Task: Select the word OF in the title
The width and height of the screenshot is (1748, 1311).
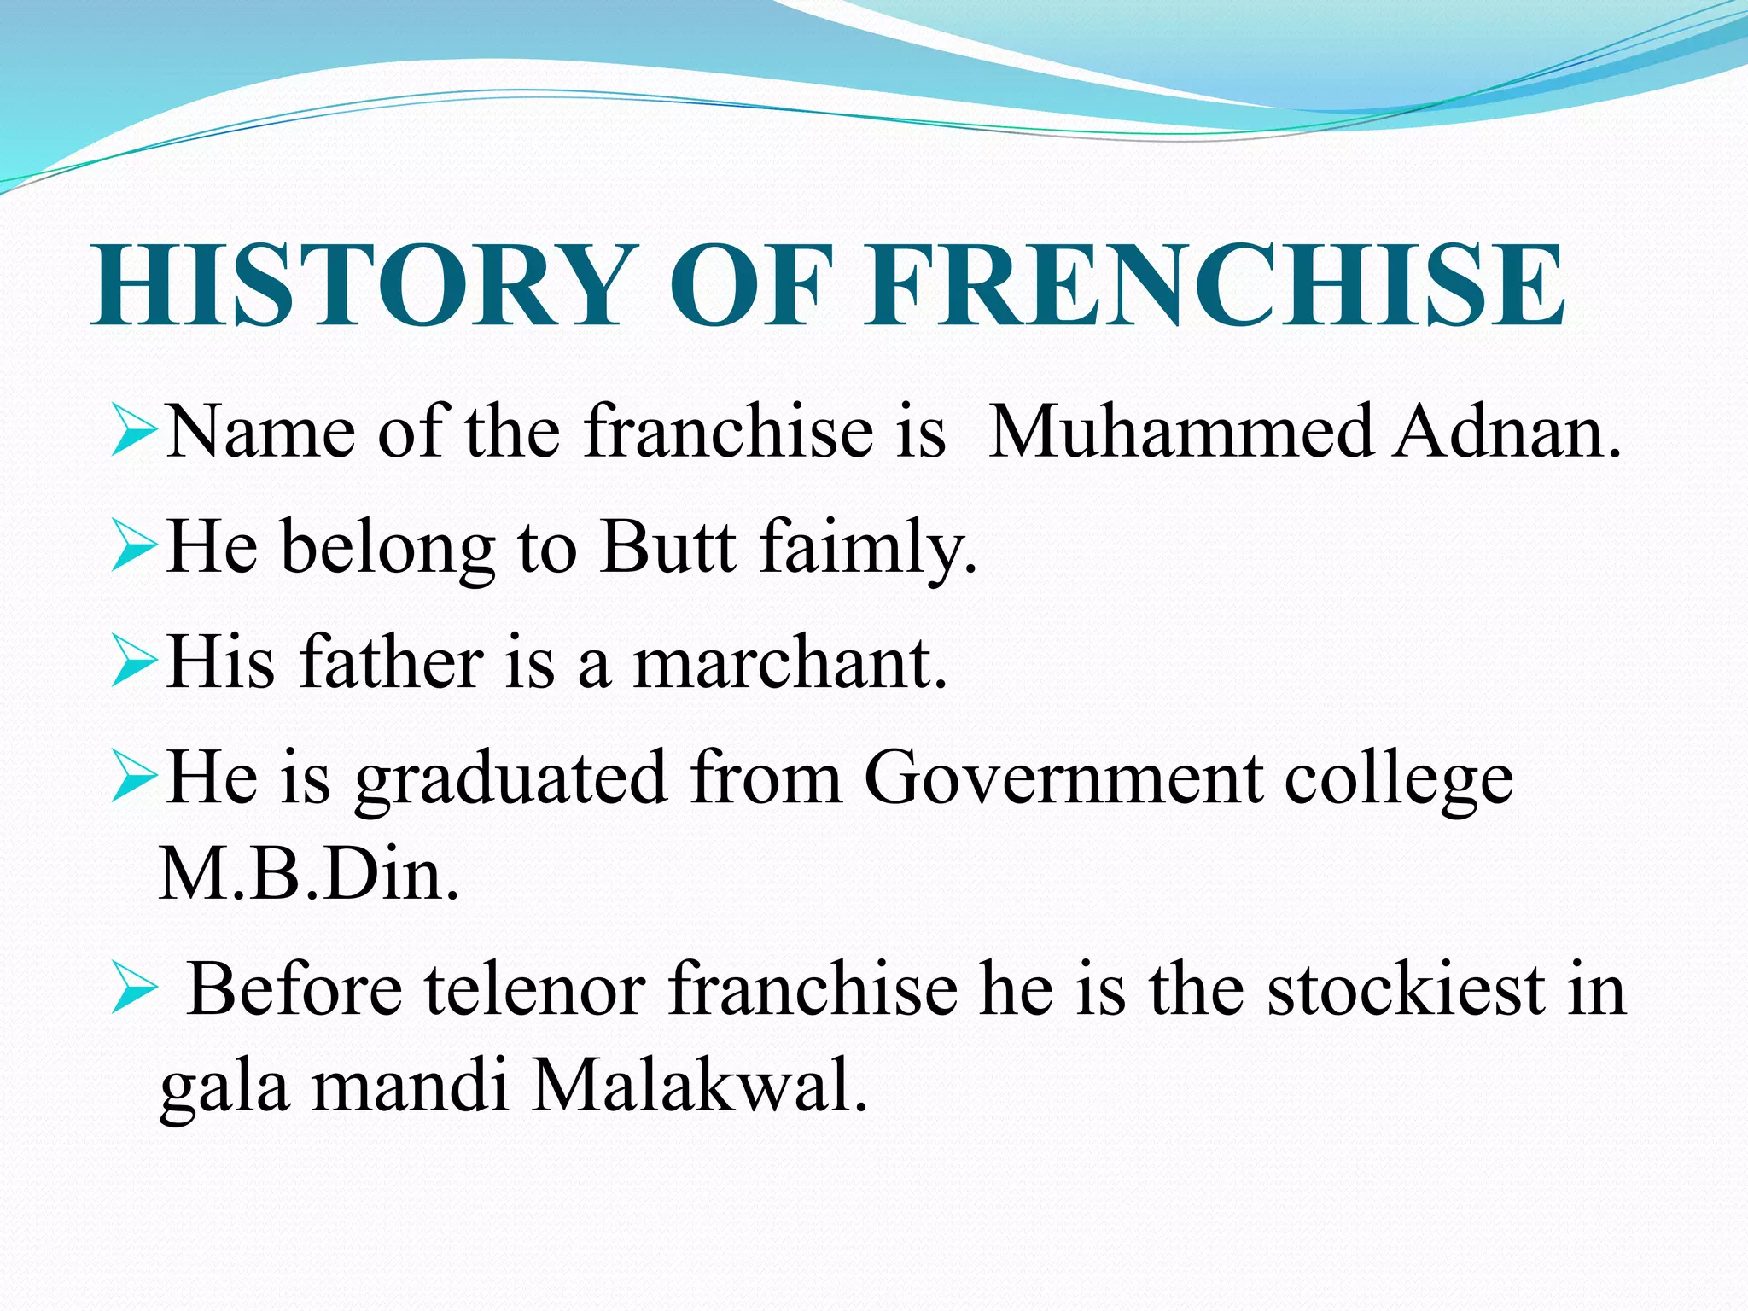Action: tap(750, 284)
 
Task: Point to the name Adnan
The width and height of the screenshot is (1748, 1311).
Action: tap(1507, 432)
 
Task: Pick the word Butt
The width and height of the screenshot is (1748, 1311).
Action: tap(667, 546)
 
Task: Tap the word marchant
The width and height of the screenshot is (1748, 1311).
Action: tap(790, 662)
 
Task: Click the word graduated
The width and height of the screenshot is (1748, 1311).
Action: tap(510, 778)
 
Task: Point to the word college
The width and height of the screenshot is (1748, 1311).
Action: tap(1399, 778)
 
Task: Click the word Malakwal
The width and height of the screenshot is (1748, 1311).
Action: tap(699, 1087)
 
